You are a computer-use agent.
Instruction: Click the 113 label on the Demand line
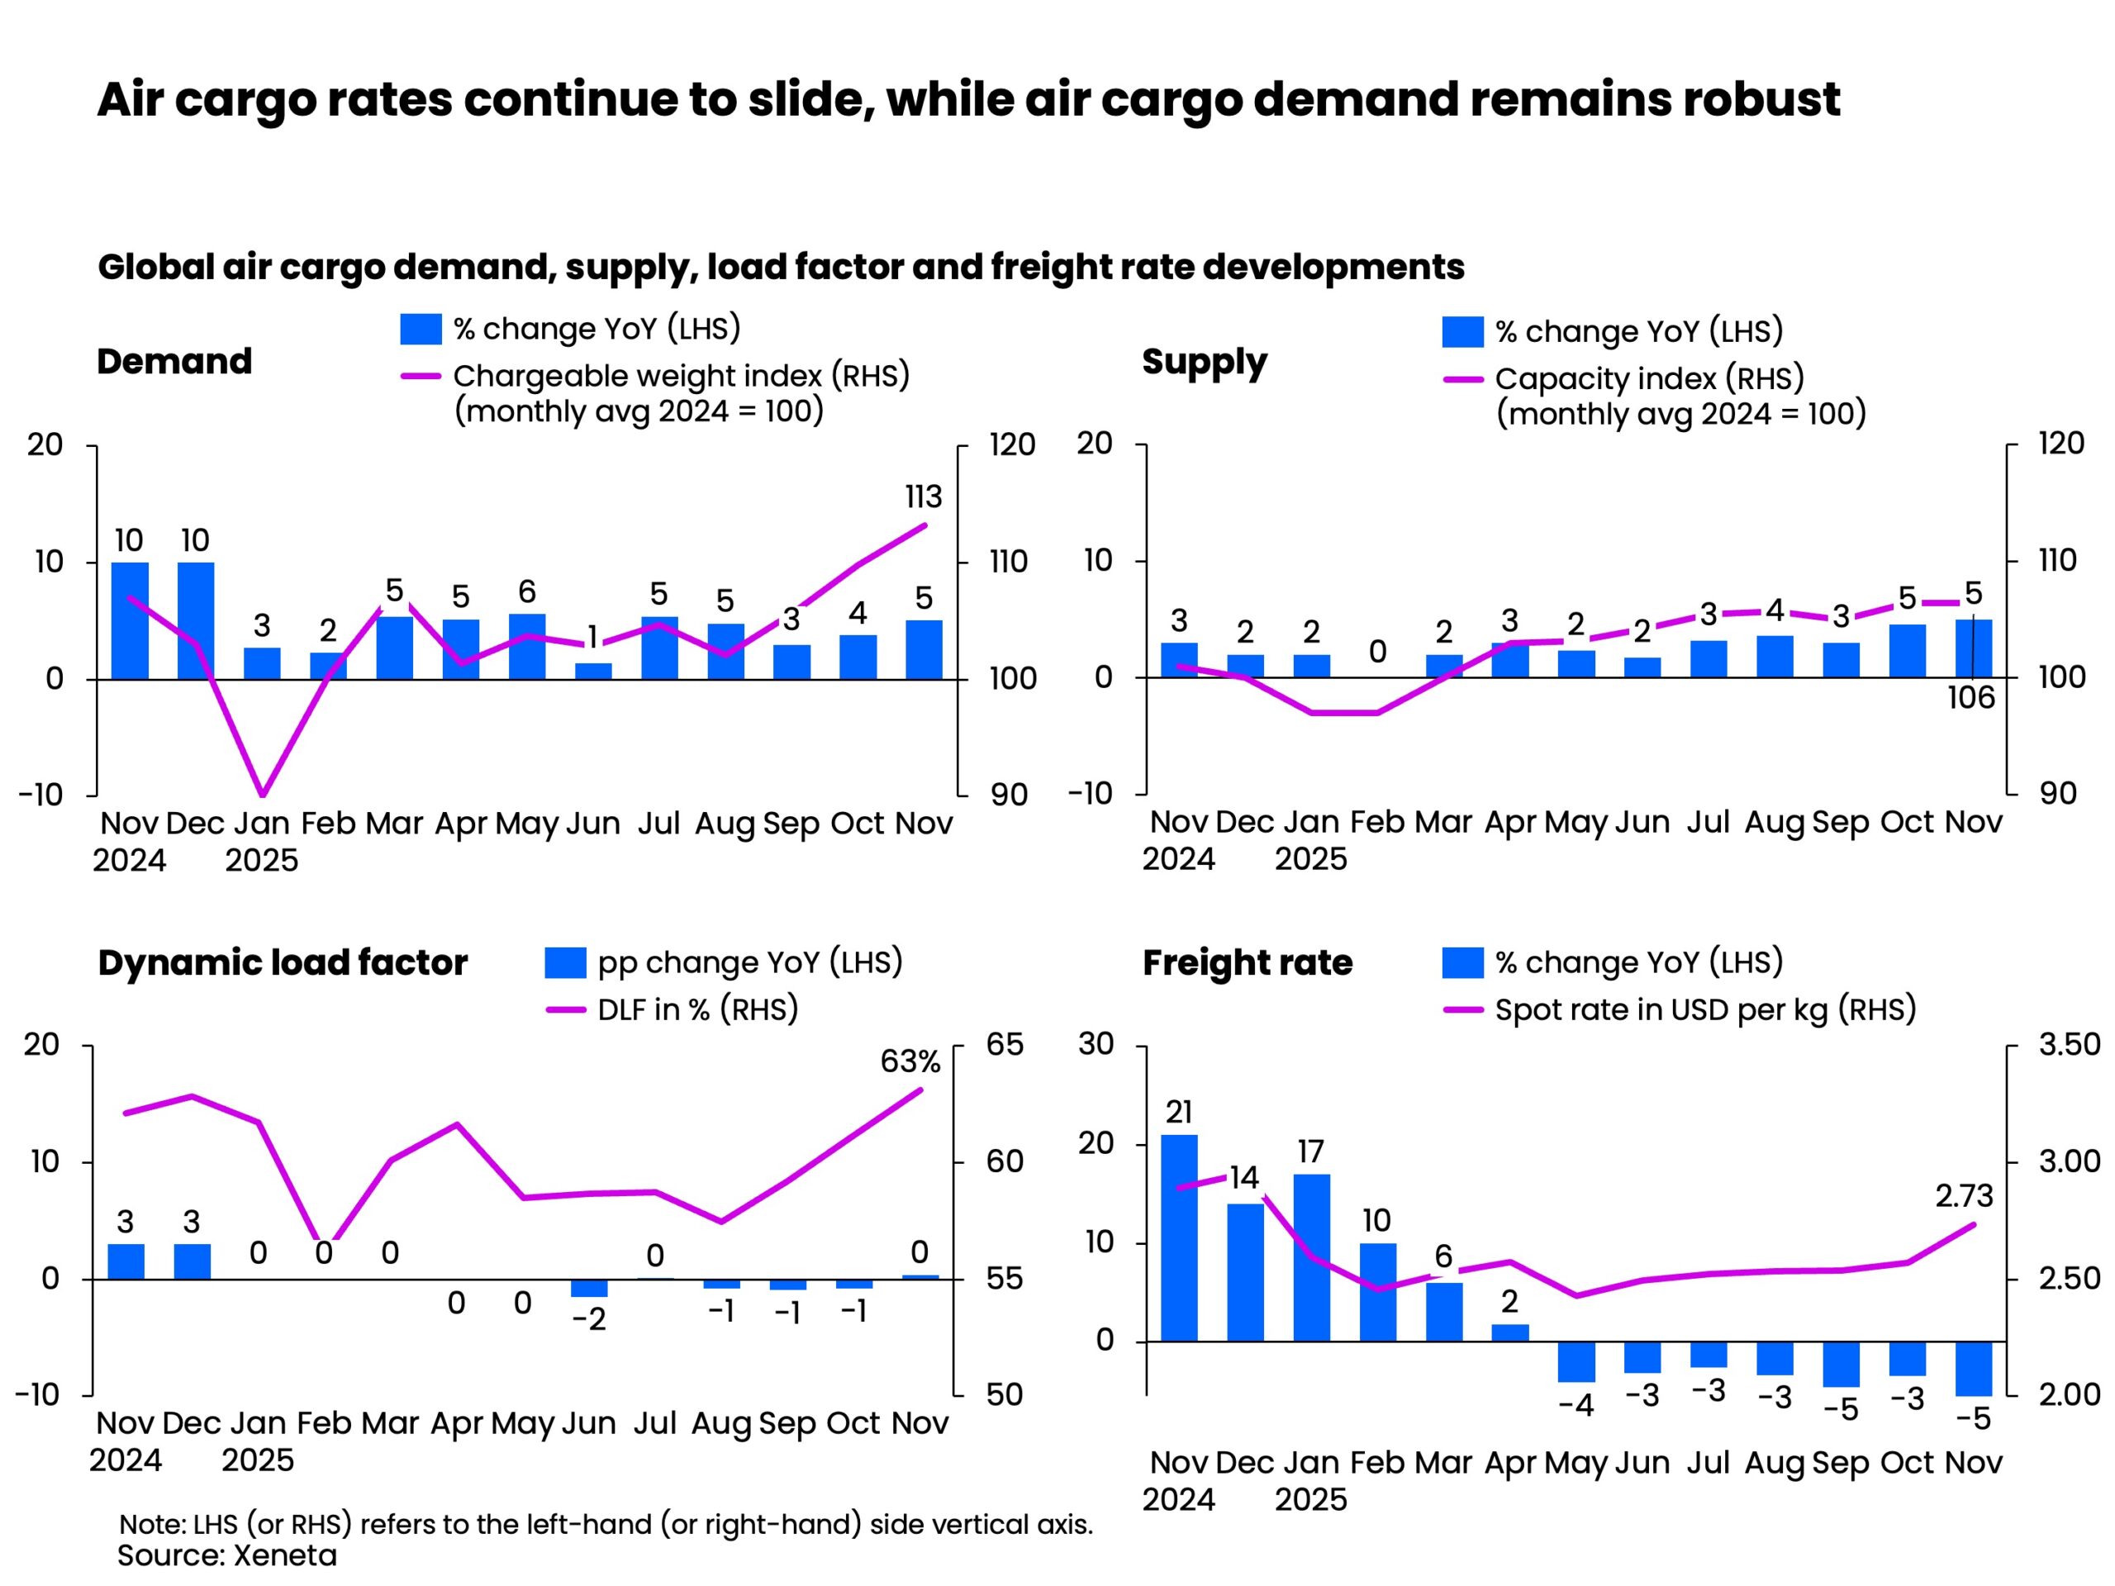(x=923, y=497)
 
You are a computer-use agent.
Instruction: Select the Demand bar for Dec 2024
(x=195, y=620)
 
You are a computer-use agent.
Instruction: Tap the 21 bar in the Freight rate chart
(x=1179, y=1237)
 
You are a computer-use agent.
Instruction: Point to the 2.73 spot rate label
(x=1963, y=1196)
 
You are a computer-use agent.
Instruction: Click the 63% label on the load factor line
(x=910, y=1061)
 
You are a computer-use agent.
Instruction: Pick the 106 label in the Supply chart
(x=1970, y=698)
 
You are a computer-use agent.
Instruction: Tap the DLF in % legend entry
(x=697, y=1009)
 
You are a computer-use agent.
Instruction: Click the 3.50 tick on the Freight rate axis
(x=2069, y=1044)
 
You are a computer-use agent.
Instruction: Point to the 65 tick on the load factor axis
(x=1004, y=1044)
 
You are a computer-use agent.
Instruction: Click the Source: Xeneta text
(x=227, y=1555)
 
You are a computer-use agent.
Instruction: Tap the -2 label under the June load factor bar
(x=588, y=1320)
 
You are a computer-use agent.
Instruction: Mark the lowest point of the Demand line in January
(x=262, y=795)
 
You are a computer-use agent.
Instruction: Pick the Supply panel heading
(x=1204, y=363)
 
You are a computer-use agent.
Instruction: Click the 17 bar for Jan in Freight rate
(x=1311, y=1257)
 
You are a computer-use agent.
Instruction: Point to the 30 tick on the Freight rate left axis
(x=1096, y=1044)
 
